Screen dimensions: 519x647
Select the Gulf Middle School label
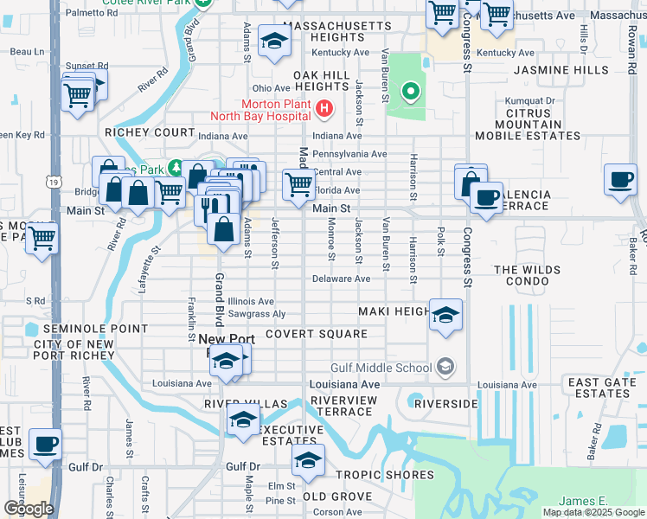coord(381,368)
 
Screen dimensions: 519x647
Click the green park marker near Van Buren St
coord(410,90)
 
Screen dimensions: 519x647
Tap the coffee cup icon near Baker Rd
coord(620,180)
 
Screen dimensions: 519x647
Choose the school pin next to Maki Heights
coord(445,315)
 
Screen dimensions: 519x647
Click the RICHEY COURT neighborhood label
coord(150,132)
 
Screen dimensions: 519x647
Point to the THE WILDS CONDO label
coord(534,277)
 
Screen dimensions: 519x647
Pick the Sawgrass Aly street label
coord(257,314)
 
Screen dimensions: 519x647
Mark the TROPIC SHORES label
coord(384,475)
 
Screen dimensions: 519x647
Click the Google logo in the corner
coord(29,508)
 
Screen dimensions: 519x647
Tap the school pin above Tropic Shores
coord(307,460)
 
